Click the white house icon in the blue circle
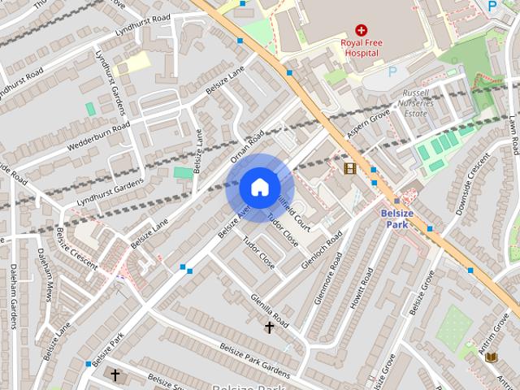point(258,187)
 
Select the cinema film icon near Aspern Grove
point(349,168)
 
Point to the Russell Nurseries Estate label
point(415,103)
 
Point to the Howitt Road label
point(361,288)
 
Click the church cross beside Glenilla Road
point(269,327)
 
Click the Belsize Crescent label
point(76,249)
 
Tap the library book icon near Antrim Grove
point(491,357)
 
